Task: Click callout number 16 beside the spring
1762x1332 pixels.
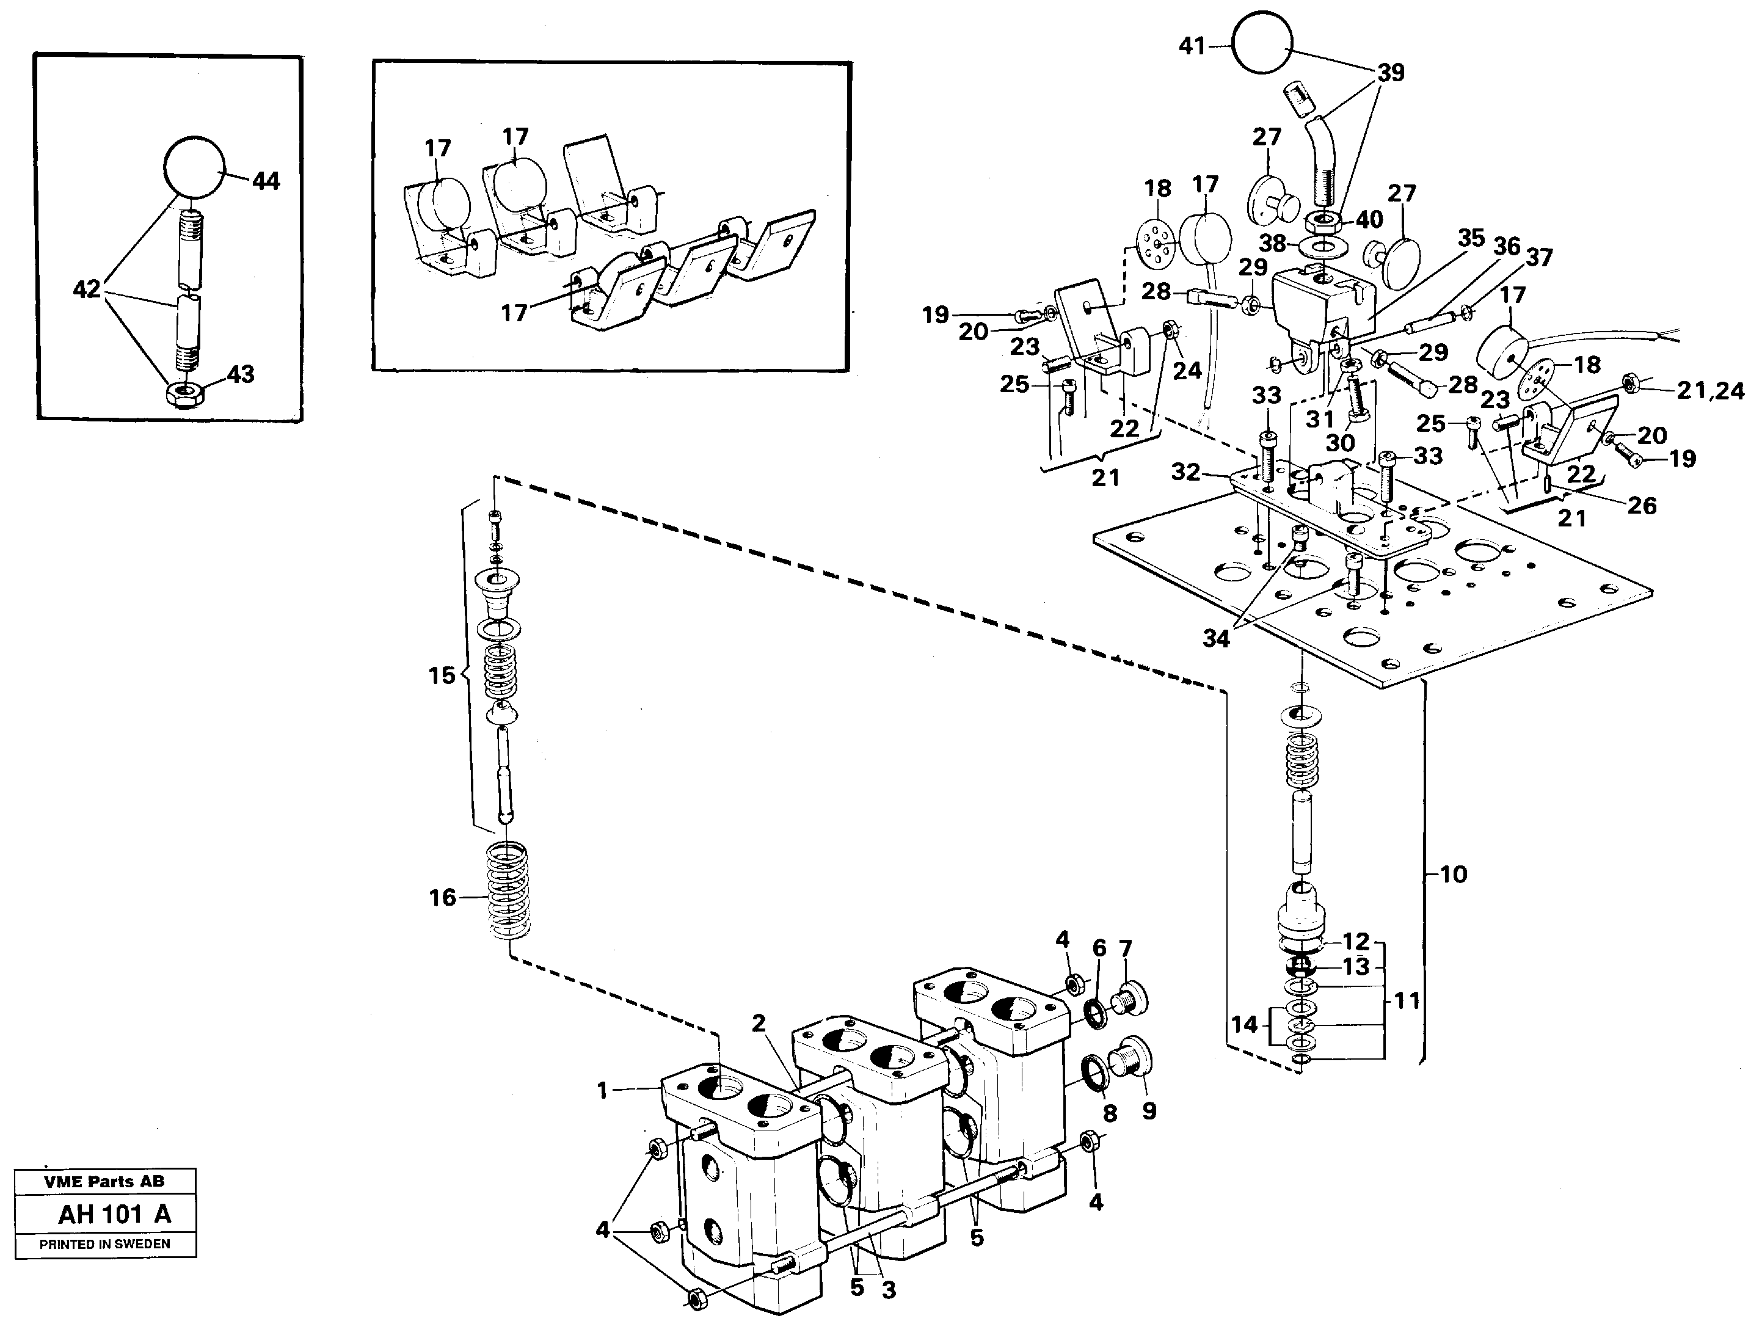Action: click(x=442, y=898)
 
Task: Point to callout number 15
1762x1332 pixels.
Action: click(x=442, y=675)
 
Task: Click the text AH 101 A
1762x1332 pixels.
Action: click(x=114, y=1215)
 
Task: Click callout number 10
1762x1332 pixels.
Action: click(x=1453, y=875)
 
